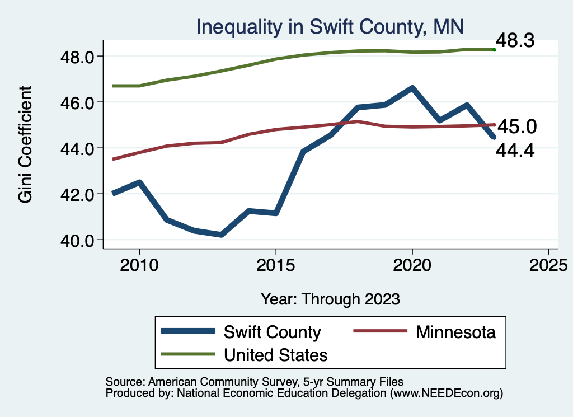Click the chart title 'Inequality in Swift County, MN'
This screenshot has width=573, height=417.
330,26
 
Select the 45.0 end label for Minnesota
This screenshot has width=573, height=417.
517,126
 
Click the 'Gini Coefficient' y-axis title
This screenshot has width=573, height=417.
26,144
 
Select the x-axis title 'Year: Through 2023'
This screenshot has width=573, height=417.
330,299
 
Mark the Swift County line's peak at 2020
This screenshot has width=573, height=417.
412,88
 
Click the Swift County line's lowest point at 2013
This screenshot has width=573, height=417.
221,235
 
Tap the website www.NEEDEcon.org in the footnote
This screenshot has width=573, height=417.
445,393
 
